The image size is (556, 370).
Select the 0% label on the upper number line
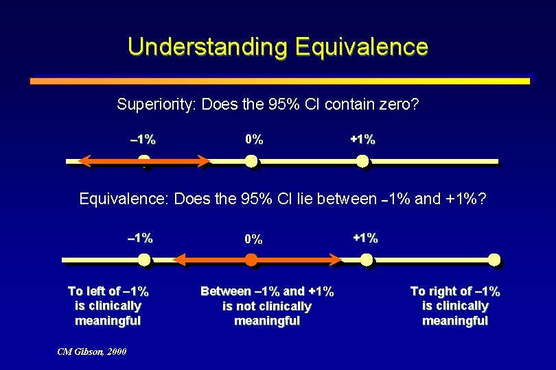pos(254,140)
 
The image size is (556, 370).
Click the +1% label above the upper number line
pos(362,140)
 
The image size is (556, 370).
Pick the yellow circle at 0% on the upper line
pos(251,162)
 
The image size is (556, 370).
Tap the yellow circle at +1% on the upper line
pos(362,162)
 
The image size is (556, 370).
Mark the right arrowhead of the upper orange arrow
pos(204,162)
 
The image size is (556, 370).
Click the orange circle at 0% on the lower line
pos(251,260)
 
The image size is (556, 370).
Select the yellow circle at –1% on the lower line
pos(143,260)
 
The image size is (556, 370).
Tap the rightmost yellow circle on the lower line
pos(494,260)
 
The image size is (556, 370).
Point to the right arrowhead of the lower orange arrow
pos(334,260)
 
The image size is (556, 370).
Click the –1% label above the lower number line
pos(141,238)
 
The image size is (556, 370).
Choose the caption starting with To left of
pos(108,306)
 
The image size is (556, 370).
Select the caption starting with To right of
pos(455,306)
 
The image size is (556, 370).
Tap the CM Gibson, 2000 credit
pos(92,351)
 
